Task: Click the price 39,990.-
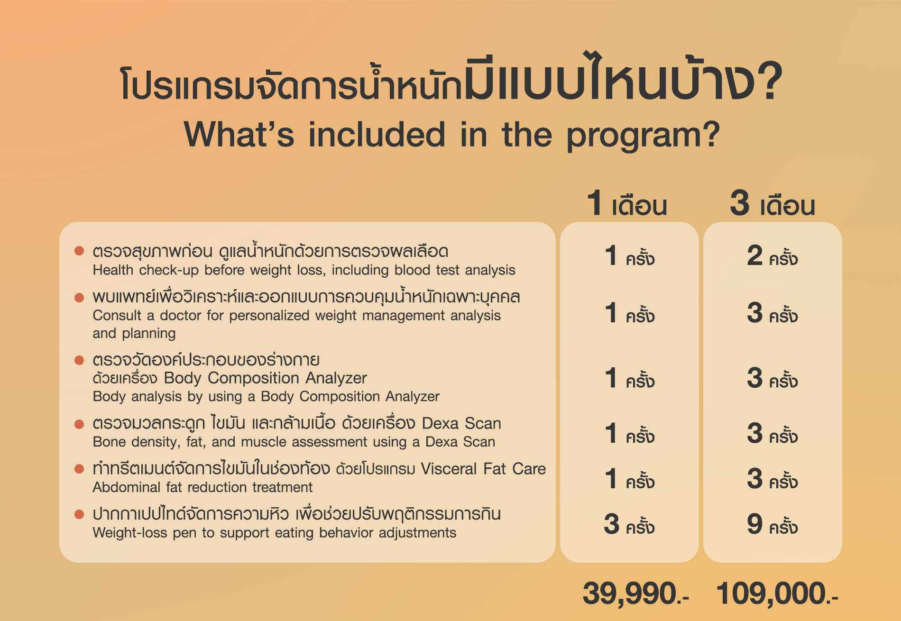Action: click(635, 594)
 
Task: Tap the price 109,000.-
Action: click(777, 594)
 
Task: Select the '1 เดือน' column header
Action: click(627, 203)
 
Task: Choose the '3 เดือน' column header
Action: click(772, 203)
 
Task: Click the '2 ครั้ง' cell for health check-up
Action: click(772, 256)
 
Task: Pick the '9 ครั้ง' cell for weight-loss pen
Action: click(772, 524)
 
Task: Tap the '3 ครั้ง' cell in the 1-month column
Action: click(629, 524)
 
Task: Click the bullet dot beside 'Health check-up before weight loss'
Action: click(79, 251)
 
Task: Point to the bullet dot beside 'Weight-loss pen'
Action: click(79, 514)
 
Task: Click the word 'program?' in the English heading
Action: click(643, 136)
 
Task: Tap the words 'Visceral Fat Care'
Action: click(484, 469)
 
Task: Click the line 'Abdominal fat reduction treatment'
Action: click(202, 487)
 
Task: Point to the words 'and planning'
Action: click(134, 334)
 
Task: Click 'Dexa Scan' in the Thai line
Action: click(461, 423)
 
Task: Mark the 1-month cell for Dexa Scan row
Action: click(629, 433)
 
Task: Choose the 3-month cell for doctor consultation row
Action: click(772, 313)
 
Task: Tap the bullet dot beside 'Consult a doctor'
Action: click(79, 297)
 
